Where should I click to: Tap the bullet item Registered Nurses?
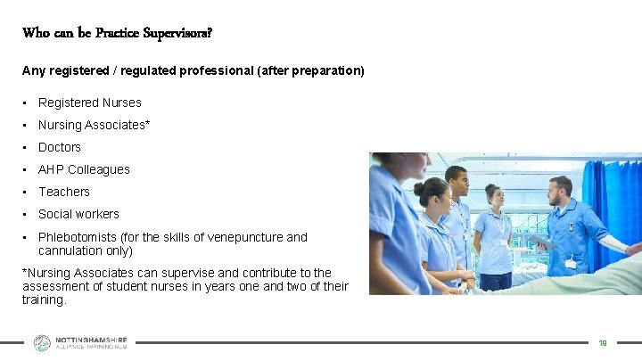89,103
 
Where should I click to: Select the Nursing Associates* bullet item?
94,125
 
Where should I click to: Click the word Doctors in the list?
60,147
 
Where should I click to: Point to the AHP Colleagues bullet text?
84,169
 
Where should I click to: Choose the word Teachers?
64,192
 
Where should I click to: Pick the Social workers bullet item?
78,214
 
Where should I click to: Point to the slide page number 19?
603,342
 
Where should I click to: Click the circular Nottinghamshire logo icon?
42,342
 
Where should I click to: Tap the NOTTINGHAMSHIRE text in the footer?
92,340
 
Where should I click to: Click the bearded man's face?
560,190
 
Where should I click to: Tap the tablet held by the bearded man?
540,242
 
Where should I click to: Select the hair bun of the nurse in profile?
419,189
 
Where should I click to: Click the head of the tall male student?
456,178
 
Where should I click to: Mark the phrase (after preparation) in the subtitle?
310,70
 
